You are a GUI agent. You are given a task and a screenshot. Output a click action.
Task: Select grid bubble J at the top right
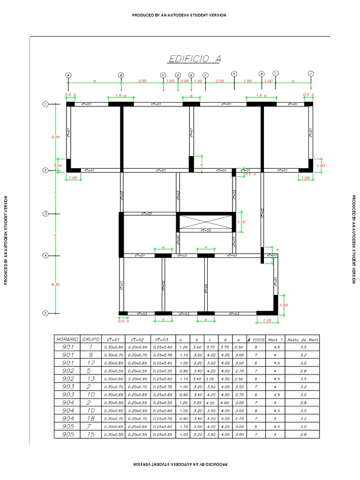point(310,74)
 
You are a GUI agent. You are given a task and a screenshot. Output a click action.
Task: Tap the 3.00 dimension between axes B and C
point(142,81)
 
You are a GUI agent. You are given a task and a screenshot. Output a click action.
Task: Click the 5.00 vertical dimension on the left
point(55,137)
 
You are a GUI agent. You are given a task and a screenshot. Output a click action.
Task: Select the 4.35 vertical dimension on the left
point(55,285)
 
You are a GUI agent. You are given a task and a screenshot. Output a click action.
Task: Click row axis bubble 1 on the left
point(45,104)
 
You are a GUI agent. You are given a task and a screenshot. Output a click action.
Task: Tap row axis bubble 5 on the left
point(45,313)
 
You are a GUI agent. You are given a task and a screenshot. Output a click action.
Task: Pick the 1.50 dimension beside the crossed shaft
point(242,222)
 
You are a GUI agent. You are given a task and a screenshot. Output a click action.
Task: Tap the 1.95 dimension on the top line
point(248,81)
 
